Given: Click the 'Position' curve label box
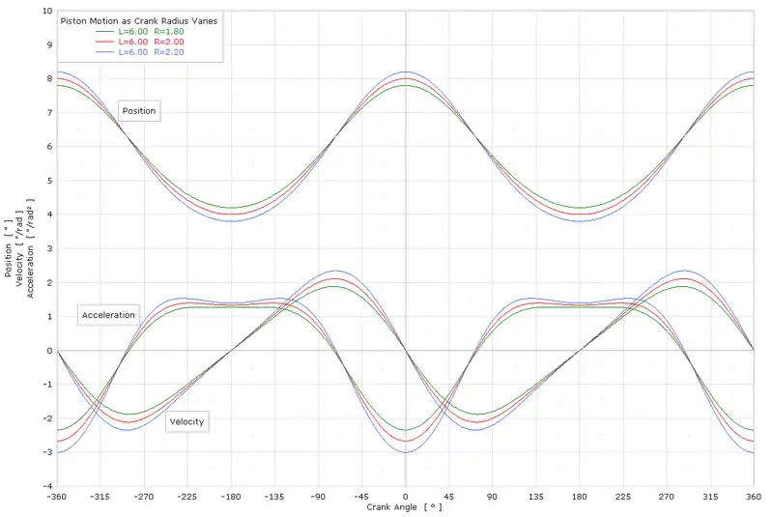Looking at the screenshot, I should (139, 111).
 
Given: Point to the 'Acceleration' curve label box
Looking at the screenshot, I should (109, 316).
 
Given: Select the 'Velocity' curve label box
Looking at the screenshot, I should (187, 421).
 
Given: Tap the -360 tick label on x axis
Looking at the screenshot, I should (57, 495).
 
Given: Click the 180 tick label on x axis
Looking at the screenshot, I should (580, 495).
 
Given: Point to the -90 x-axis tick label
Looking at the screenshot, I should (318, 495).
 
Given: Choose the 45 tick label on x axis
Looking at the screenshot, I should (449, 495).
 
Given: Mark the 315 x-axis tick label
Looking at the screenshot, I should (710, 495).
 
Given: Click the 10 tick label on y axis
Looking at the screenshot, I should (46, 11).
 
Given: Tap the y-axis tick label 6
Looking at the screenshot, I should (49, 146).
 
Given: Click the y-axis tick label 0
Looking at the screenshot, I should (49, 350).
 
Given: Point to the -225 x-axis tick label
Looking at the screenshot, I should (187, 495).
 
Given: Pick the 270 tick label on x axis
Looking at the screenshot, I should (667, 495).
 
